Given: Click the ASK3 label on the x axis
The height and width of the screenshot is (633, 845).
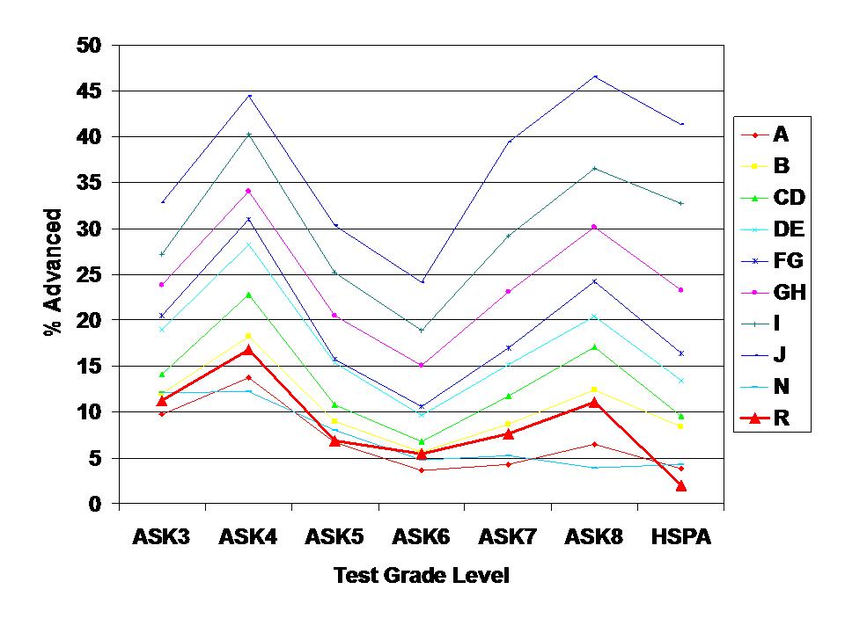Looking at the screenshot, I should click(x=162, y=537).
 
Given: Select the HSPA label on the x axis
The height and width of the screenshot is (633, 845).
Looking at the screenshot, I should click(x=680, y=537).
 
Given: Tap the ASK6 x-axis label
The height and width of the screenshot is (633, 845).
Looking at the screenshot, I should click(x=421, y=537).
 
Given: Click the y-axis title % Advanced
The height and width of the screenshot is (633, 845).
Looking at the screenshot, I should click(x=54, y=273).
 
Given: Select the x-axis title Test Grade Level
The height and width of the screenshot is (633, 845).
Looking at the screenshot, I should click(x=421, y=576).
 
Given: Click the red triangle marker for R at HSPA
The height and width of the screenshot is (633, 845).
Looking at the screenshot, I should click(x=680, y=485).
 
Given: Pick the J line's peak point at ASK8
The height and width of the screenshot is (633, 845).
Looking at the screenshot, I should click(x=595, y=76).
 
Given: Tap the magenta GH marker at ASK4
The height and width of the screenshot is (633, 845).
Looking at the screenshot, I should click(x=248, y=191).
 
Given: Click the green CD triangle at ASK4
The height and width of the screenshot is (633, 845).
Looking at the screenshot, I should click(x=248, y=295).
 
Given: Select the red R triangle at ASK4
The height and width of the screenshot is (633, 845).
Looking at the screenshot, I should click(x=248, y=350).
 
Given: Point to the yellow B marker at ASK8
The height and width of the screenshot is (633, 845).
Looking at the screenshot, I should click(x=595, y=389).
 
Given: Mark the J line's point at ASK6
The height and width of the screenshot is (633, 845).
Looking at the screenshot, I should click(x=422, y=282).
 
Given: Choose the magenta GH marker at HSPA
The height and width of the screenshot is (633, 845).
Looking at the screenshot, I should click(x=680, y=289).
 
